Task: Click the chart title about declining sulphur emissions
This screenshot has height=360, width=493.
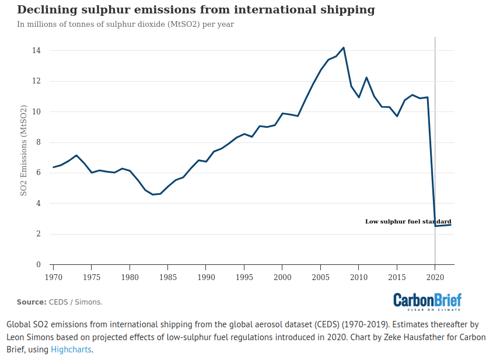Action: coord(195,10)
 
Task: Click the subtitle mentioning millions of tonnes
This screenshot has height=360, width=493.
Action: coord(125,25)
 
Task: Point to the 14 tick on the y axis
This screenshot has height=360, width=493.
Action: coord(36,51)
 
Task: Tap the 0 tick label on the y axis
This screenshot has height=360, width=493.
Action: coord(38,265)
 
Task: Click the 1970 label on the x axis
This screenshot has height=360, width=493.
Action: coord(53,277)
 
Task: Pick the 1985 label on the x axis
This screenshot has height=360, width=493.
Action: coord(168,277)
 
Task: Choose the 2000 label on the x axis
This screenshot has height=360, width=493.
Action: coord(282,277)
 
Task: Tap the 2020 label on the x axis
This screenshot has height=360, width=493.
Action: coord(435,277)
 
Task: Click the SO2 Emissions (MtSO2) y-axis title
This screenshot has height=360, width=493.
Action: coord(24,151)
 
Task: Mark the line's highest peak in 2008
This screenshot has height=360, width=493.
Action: coord(344,48)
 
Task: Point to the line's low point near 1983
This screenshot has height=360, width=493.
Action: coord(153,194)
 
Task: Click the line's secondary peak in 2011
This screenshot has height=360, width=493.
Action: coord(366,78)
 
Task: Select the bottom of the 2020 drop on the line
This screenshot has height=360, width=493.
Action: coord(435,226)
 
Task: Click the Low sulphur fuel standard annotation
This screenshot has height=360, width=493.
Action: coord(408,222)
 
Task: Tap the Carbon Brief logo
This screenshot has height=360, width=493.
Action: coord(427,300)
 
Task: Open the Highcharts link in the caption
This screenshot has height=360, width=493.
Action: coord(71,349)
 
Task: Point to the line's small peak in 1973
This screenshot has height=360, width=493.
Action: coord(76,155)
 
